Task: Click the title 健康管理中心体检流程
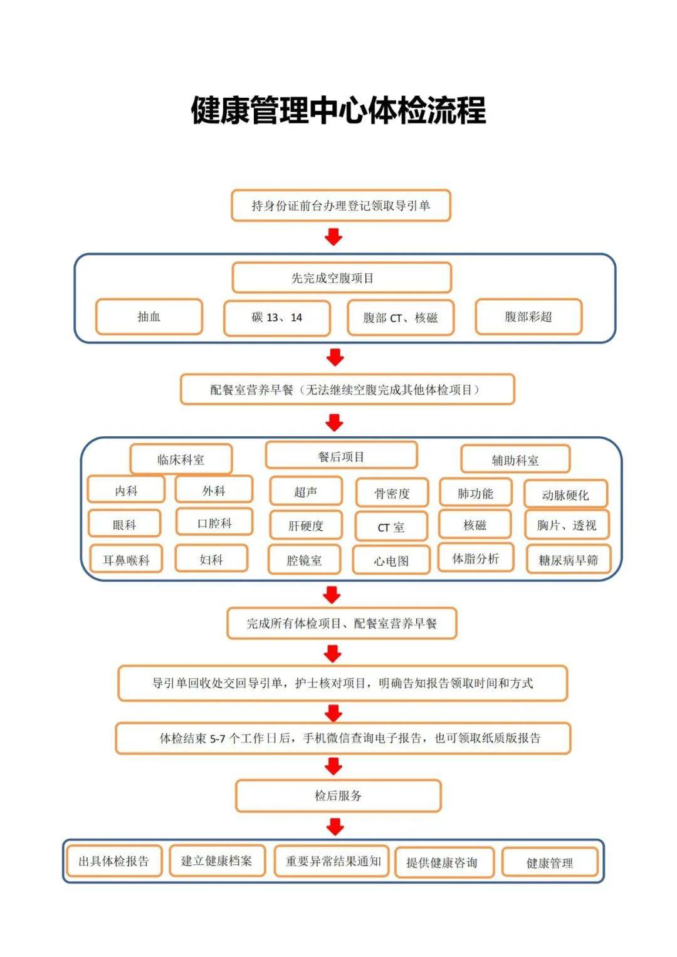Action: click(x=338, y=110)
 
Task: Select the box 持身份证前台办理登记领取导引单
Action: click(x=341, y=206)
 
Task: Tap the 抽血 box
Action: click(x=149, y=317)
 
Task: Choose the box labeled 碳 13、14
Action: click(x=277, y=318)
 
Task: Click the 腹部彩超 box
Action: click(x=528, y=317)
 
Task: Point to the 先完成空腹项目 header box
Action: click(x=342, y=278)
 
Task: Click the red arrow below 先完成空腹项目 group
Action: click(x=335, y=357)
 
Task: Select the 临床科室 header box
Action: click(x=181, y=459)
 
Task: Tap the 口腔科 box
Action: click(x=214, y=522)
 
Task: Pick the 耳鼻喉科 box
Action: click(x=126, y=560)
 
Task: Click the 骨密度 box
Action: click(x=392, y=493)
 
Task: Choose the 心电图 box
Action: click(x=391, y=560)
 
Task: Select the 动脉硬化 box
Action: click(x=565, y=494)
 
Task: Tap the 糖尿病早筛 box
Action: click(x=568, y=560)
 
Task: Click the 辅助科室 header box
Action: click(x=515, y=460)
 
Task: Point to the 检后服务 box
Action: click(x=338, y=796)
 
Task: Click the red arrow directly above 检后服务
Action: click(x=333, y=766)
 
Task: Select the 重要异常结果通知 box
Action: click(x=333, y=861)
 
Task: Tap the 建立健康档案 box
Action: click(x=217, y=860)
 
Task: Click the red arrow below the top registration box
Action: click(x=333, y=237)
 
